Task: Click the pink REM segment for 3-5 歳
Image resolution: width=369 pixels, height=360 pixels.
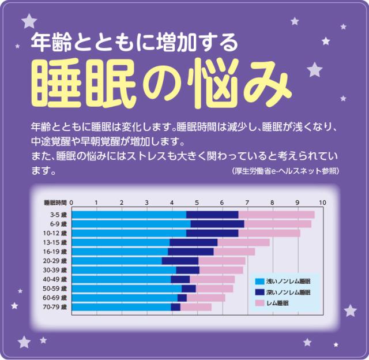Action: click(x=276, y=215)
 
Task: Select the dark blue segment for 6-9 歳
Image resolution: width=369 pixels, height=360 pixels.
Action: click(x=217, y=224)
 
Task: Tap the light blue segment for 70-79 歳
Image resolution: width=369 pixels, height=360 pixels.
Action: click(x=121, y=307)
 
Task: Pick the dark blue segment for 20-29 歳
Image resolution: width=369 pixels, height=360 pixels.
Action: click(x=180, y=261)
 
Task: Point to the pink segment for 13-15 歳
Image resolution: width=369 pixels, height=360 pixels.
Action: click(x=243, y=242)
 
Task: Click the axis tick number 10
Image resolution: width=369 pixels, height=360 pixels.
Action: click(x=322, y=202)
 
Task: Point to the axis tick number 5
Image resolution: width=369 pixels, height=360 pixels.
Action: click(x=197, y=202)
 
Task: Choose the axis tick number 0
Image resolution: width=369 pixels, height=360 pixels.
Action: click(x=71, y=202)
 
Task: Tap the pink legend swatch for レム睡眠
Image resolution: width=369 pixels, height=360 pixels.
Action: click(x=260, y=303)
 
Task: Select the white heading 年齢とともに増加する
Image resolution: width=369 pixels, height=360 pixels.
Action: click(x=134, y=42)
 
